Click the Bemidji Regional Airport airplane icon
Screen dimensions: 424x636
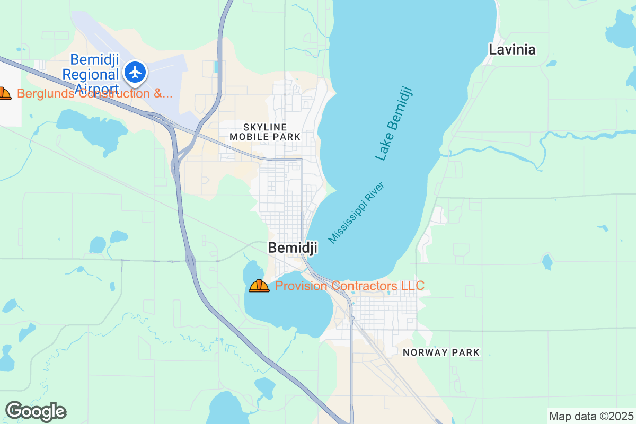point(136,72)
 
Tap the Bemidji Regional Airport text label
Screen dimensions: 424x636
point(94,74)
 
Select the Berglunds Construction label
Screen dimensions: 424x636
point(95,94)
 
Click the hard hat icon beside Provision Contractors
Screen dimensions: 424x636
point(259,286)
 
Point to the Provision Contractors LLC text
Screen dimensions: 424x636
point(349,286)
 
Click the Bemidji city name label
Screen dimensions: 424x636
point(293,248)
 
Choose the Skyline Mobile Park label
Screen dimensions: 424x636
point(265,132)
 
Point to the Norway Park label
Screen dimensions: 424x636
point(441,352)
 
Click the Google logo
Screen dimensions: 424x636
point(36,411)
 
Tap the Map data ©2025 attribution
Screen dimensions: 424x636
point(590,416)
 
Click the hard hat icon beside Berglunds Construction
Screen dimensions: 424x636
point(4,94)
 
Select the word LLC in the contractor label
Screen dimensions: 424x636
point(412,286)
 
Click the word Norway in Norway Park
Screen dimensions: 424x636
point(421,352)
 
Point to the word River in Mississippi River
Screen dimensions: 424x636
point(374,192)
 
